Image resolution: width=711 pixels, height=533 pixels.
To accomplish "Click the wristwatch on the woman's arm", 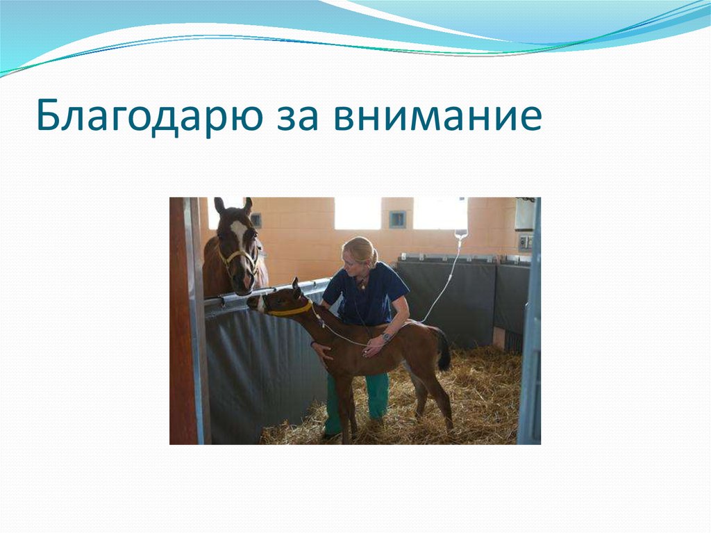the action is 386,337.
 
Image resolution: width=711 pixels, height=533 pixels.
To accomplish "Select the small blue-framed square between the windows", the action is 397,220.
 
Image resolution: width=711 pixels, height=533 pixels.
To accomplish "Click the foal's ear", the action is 296,286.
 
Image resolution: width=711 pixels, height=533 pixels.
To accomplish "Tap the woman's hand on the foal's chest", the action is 322,350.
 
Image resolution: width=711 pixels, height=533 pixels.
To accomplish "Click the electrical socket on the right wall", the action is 525,242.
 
